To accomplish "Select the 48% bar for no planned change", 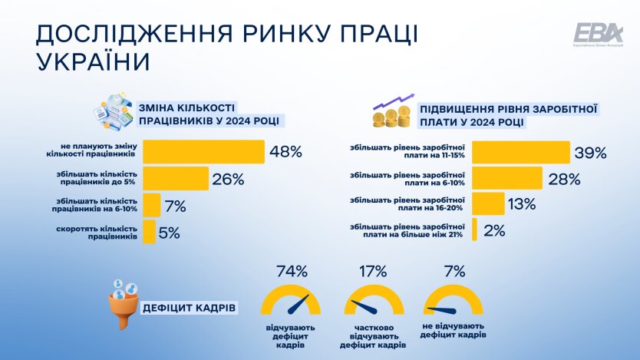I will (203, 151).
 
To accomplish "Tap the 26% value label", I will (229, 180).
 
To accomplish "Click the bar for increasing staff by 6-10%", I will (152, 205).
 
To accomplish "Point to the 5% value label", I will (169, 231).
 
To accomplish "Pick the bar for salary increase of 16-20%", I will (488, 204).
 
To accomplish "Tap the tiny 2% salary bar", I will (476, 230).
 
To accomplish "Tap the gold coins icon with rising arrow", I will (394, 111).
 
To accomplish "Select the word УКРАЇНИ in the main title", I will (90, 61).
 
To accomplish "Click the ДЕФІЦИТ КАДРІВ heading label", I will (189, 309).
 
